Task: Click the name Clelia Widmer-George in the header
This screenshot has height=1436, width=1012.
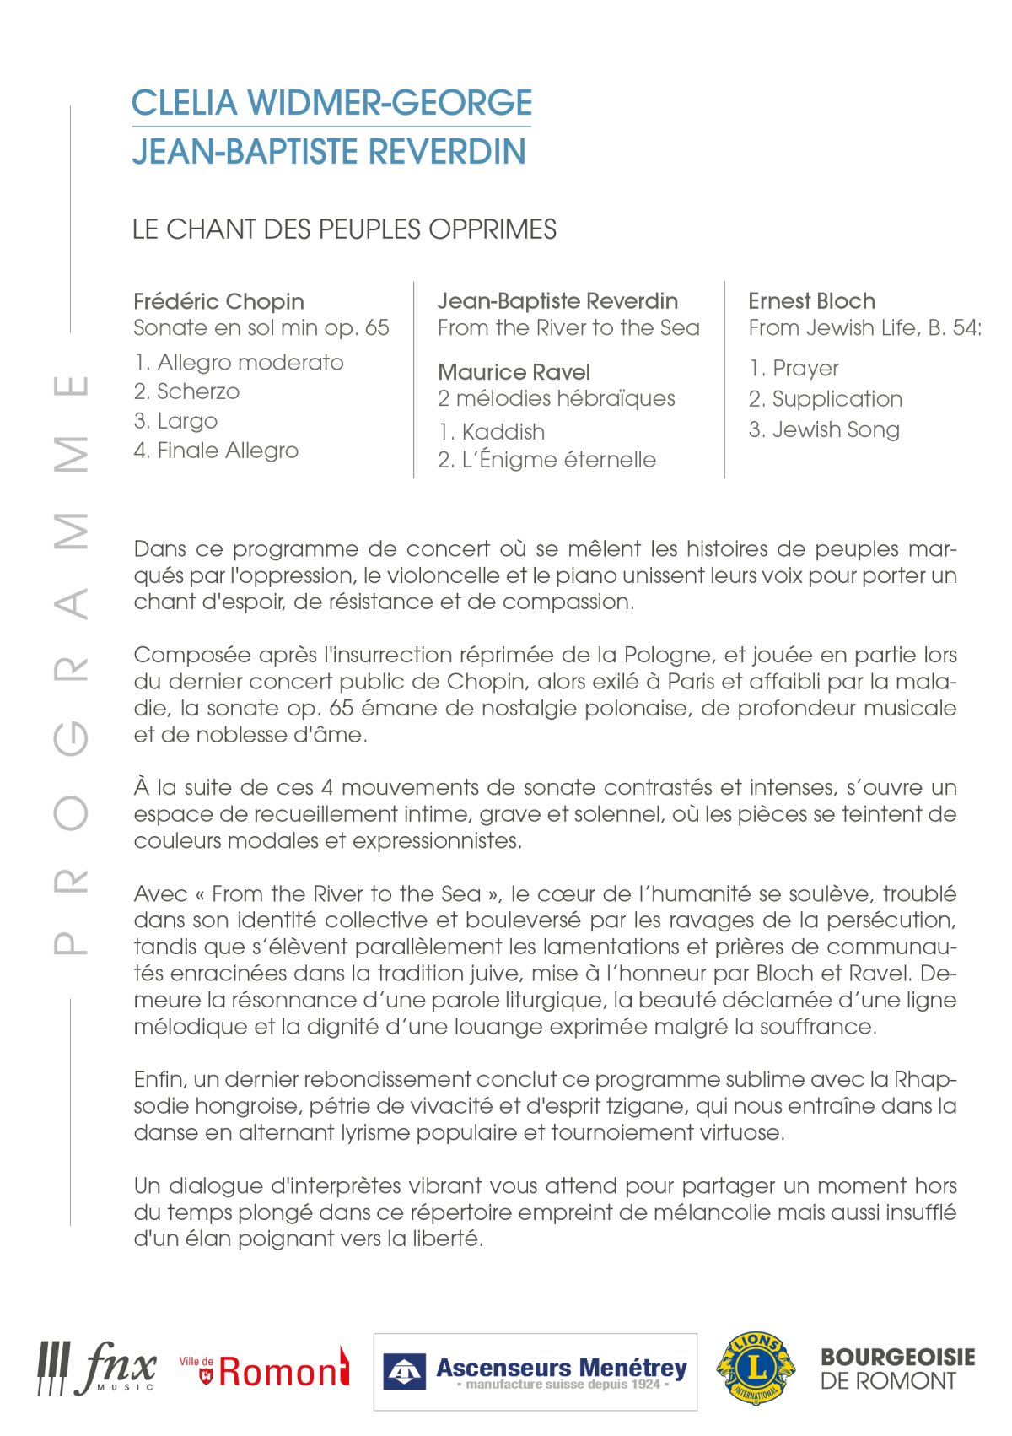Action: click(x=331, y=103)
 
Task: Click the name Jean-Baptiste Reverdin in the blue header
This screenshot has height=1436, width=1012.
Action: click(x=329, y=152)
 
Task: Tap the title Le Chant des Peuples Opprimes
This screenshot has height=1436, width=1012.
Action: click(x=344, y=229)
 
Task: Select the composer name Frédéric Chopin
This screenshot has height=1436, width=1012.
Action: click(x=218, y=301)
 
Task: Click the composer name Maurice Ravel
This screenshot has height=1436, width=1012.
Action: click(x=514, y=372)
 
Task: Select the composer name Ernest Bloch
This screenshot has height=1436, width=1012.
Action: click(x=811, y=301)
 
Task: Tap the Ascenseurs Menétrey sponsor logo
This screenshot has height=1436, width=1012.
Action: click(x=535, y=1371)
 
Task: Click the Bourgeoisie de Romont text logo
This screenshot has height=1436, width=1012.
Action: click(x=897, y=1369)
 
